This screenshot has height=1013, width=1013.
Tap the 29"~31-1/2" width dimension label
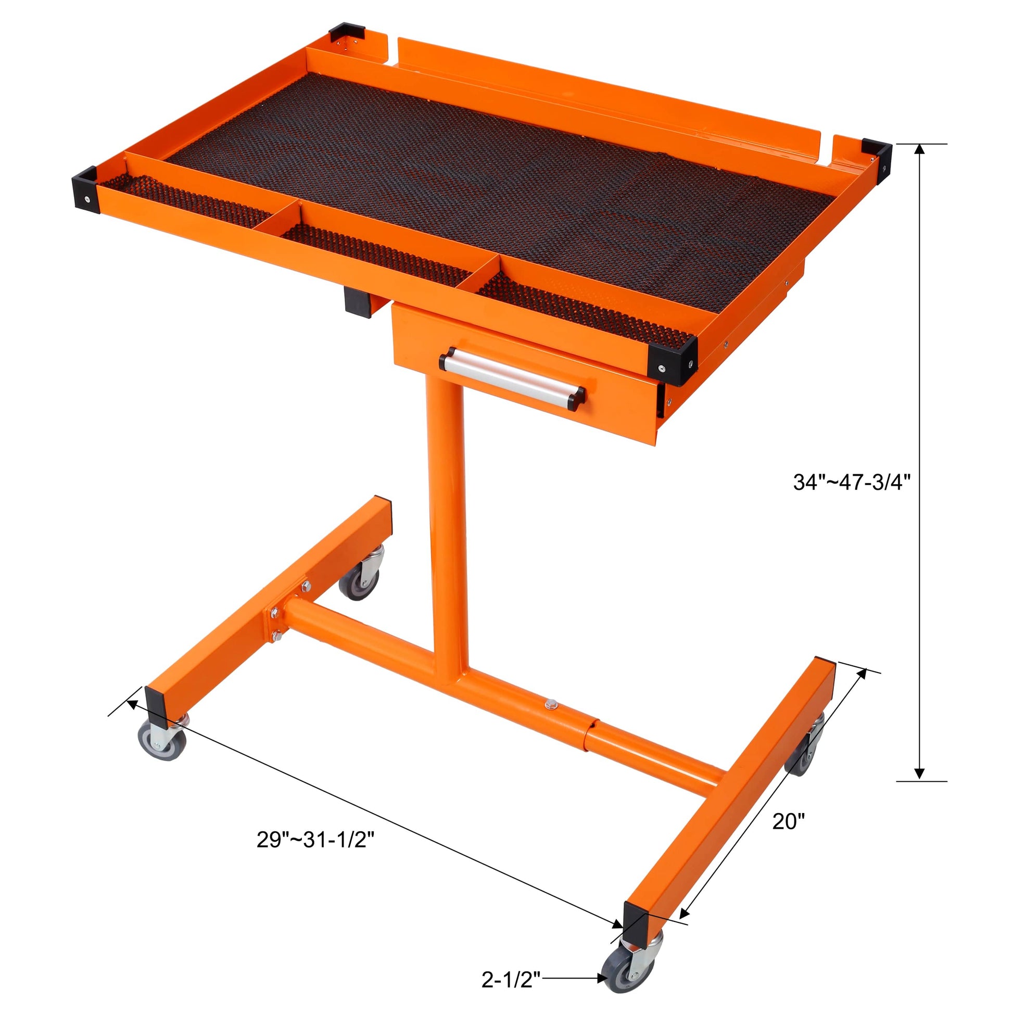tap(315, 840)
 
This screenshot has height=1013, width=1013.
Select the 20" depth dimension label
tap(788, 821)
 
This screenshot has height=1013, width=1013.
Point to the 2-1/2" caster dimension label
tap(511, 979)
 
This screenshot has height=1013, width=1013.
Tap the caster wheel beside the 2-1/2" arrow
tap(620, 974)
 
